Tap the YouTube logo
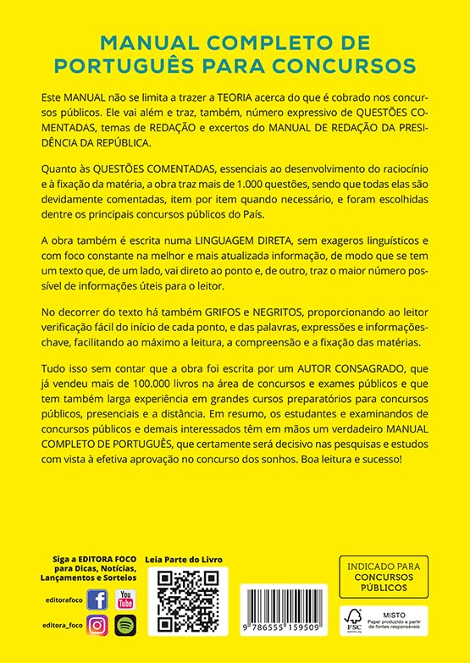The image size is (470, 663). tap(125, 600)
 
